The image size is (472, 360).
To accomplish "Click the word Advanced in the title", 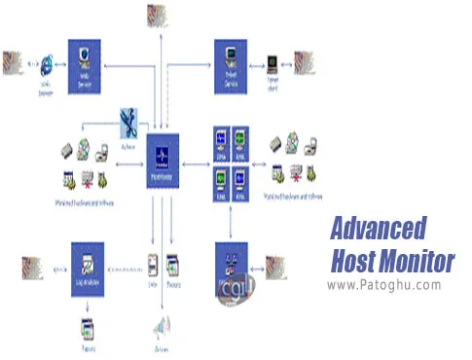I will (x=379, y=229).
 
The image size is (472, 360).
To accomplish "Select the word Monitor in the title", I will (x=420, y=260).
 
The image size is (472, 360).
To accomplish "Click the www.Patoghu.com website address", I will (x=384, y=285).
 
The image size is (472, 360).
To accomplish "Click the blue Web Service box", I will (x=85, y=66).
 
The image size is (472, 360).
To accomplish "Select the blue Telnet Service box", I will (x=232, y=66).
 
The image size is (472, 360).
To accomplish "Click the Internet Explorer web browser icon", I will (x=44, y=64).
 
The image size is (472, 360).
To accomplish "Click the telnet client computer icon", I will (x=273, y=64).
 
